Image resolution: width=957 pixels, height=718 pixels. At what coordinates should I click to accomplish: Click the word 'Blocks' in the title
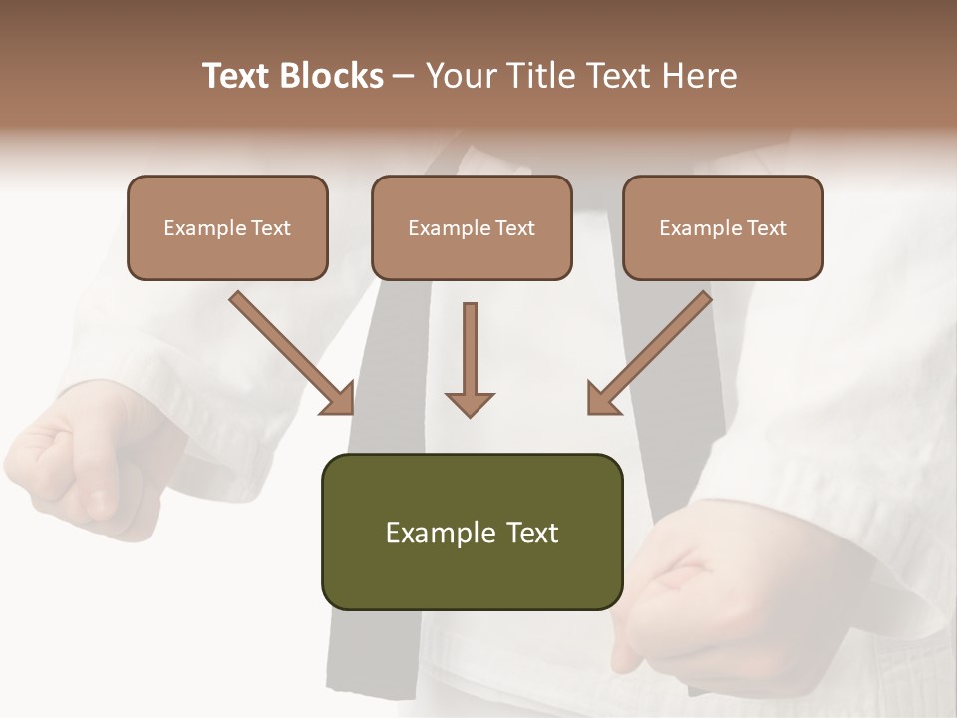coord(332,76)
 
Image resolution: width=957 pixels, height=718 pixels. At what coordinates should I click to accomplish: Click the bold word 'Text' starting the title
coord(239,76)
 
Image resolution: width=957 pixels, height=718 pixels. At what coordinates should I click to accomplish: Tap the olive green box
coord(472,568)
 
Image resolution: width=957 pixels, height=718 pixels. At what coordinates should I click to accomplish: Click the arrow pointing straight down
coord(470,359)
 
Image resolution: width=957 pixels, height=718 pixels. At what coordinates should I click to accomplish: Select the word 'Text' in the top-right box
coord(766,228)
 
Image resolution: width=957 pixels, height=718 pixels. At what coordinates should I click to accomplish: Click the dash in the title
coord(404,76)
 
